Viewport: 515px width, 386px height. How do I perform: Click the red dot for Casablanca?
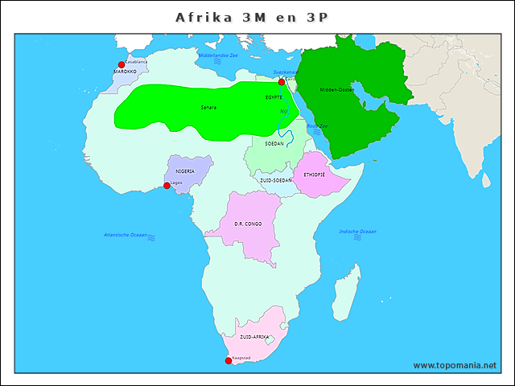click(x=122, y=65)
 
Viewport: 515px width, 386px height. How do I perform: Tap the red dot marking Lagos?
click(x=167, y=186)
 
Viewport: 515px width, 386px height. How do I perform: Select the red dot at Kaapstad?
click(x=229, y=360)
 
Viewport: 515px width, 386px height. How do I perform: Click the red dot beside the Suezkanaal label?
click(x=282, y=82)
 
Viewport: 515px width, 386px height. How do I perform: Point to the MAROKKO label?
click(x=125, y=72)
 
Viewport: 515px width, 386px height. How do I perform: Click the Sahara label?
click(x=208, y=107)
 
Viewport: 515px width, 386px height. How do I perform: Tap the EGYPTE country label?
click(x=274, y=97)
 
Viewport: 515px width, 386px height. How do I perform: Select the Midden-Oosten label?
click(x=336, y=90)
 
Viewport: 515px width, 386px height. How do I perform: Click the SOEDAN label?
click(x=274, y=144)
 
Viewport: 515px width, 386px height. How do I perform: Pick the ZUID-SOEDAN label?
click(x=275, y=181)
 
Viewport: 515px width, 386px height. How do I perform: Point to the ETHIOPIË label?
click(x=315, y=175)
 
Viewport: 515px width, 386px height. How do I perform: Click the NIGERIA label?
click(x=185, y=171)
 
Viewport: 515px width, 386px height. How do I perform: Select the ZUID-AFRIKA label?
click(x=253, y=337)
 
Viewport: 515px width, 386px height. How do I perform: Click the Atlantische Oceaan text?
click(x=126, y=235)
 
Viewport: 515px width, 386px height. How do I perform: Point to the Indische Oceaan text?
click(x=357, y=232)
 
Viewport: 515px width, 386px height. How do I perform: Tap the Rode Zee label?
click(x=317, y=126)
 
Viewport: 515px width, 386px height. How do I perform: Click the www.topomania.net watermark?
click(x=455, y=365)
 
